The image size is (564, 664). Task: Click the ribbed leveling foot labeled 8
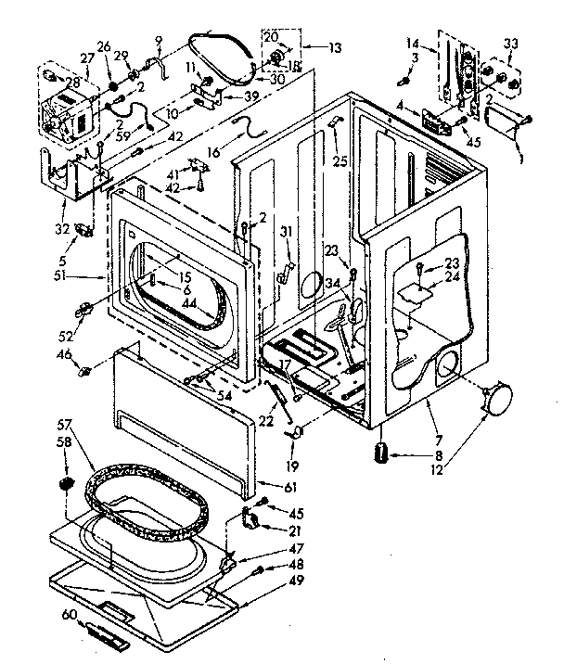380,454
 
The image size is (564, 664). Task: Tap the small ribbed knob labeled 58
67,483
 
